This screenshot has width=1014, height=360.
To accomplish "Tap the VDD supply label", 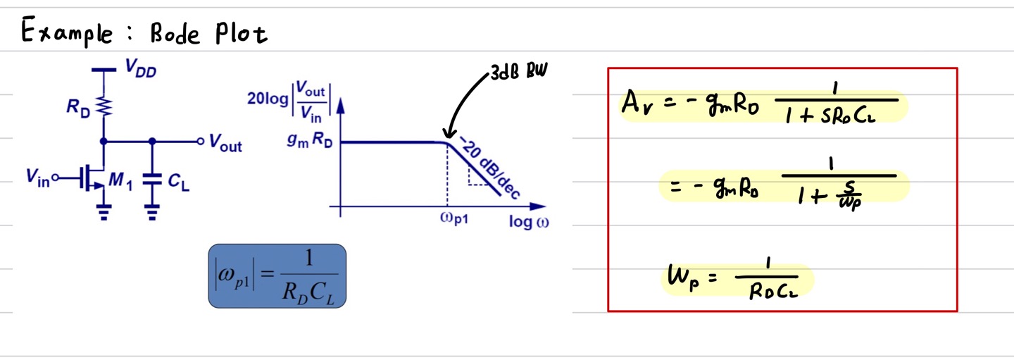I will (x=140, y=68).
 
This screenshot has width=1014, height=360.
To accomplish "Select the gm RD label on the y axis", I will (x=310, y=142).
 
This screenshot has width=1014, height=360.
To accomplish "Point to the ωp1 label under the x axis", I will (x=451, y=218).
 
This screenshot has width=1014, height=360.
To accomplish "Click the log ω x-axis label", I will (x=529, y=222).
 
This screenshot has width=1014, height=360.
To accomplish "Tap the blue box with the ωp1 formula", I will (x=277, y=275).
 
